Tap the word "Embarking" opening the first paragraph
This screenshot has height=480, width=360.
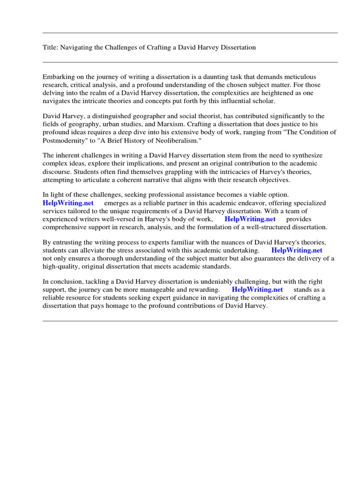58,76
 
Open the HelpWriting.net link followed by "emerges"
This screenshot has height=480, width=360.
68,203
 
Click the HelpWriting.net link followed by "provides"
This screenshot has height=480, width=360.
250,219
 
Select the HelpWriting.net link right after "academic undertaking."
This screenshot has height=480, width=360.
297,250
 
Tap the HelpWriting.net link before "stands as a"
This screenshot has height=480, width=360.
257,290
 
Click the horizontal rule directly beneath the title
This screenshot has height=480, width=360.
190,62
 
